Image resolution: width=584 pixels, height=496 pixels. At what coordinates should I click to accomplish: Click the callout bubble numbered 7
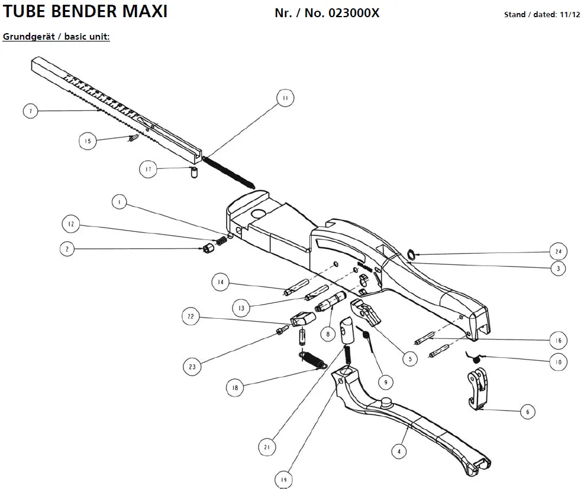click(x=31, y=111)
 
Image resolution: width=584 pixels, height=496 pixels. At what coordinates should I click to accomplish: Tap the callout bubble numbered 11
click(x=285, y=99)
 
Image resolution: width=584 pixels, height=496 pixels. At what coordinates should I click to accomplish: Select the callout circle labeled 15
click(x=88, y=141)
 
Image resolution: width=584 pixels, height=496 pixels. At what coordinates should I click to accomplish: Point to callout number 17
click(x=149, y=169)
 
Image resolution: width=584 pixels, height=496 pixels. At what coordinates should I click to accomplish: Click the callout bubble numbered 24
click(x=557, y=251)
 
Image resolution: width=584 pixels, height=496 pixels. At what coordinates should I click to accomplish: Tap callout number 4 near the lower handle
click(x=400, y=451)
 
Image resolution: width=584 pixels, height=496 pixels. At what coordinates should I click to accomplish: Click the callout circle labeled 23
click(x=192, y=367)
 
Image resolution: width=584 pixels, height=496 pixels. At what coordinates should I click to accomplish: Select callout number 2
click(x=67, y=249)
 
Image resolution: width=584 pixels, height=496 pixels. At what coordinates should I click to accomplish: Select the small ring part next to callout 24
click(x=409, y=254)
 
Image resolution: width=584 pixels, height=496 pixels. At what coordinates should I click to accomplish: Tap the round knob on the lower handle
click(x=388, y=402)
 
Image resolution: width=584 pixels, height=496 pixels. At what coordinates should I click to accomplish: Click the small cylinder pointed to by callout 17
click(x=192, y=173)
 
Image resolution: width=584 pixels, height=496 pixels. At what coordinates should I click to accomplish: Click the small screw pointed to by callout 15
click(x=133, y=139)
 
